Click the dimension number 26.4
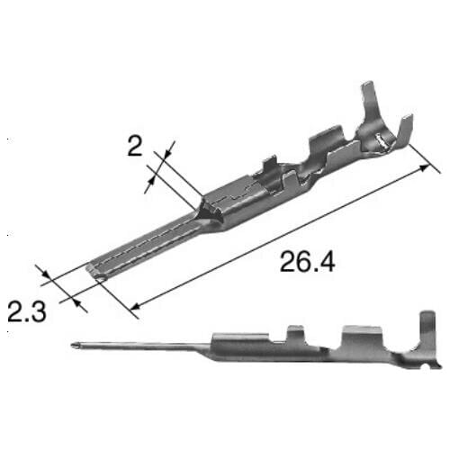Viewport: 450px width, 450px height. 306,262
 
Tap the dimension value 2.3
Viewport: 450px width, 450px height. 28,312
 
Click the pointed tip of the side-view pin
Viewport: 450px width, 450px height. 72,346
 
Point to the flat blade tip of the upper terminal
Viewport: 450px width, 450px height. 94,269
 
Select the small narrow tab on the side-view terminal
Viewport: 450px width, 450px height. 293,334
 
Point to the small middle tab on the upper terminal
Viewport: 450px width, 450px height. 268,169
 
